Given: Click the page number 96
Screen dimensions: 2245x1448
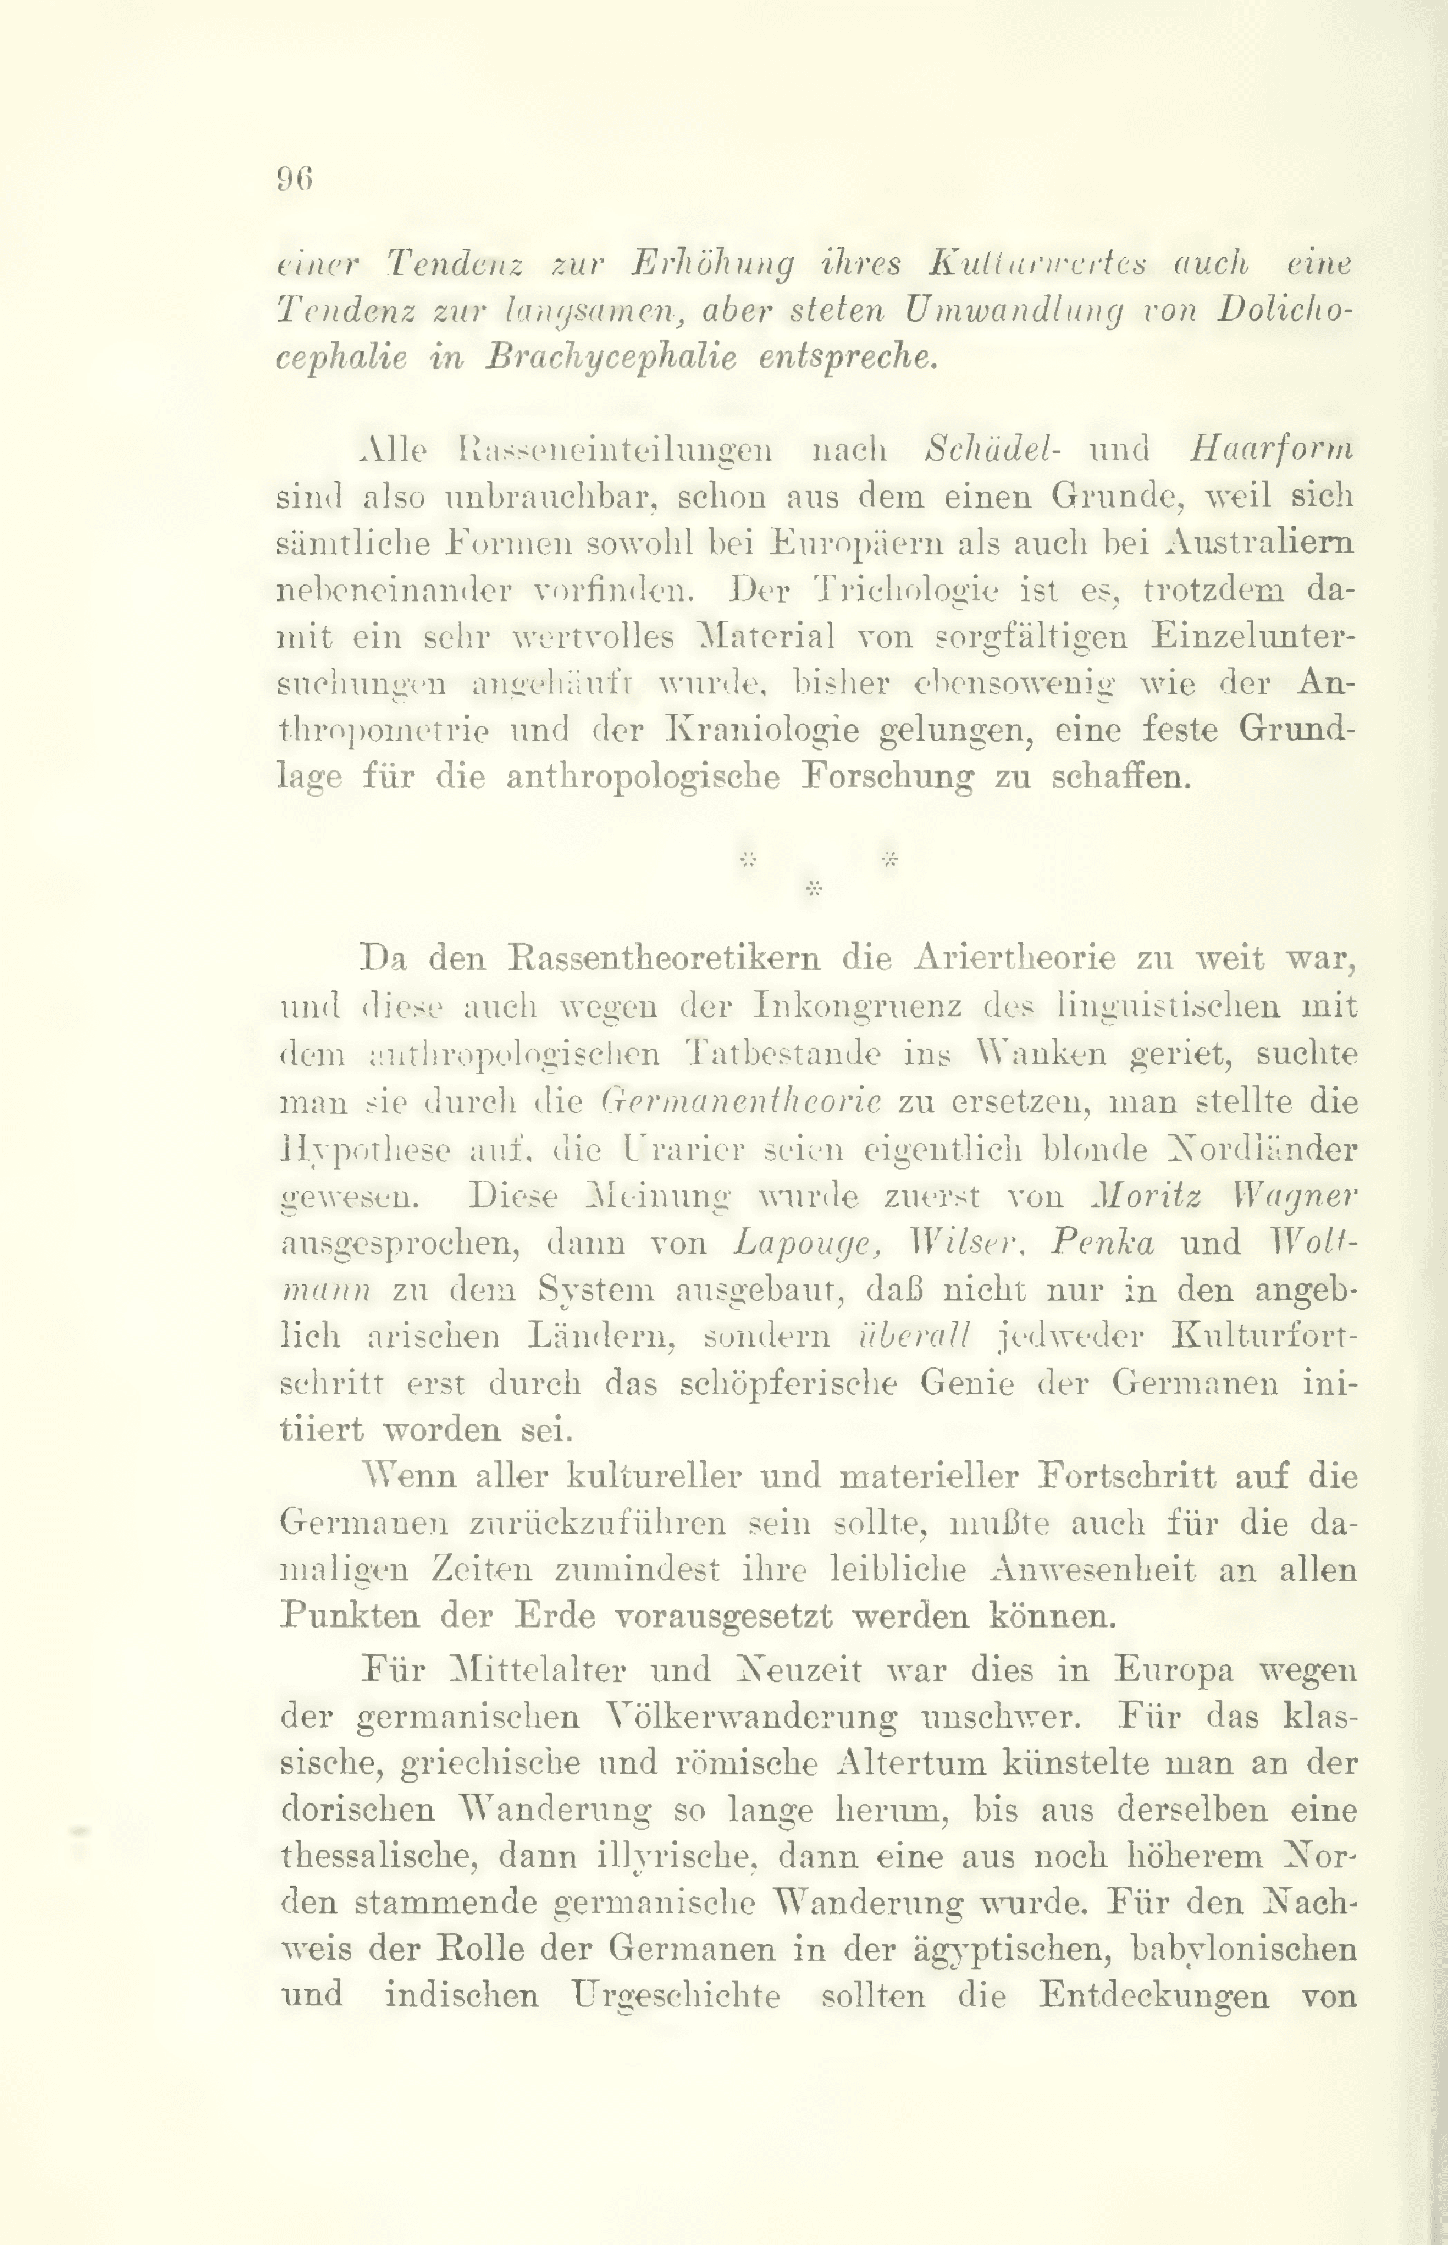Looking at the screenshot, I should pyautogui.click(x=294, y=179).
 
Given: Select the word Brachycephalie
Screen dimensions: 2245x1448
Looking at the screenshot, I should pyautogui.click(x=609, y=359).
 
